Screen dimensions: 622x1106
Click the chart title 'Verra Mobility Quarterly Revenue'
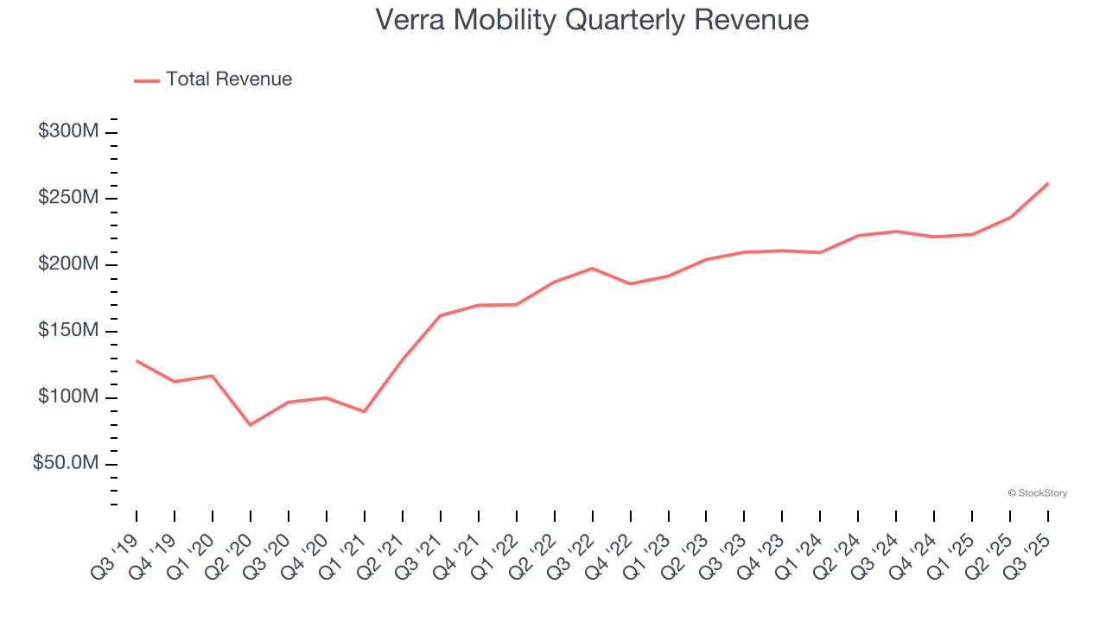[592, 20]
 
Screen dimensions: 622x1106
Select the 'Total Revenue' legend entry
[228, 79]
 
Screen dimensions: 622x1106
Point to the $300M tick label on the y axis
[68, 132]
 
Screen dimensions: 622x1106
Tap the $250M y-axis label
[68, 199]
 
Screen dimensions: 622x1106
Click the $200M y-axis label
[68, 264]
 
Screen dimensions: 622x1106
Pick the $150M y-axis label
[68, 331]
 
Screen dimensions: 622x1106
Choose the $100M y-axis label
[68, 397]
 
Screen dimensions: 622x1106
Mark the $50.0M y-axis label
[66, 464]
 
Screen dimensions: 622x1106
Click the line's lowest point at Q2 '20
[251, 425]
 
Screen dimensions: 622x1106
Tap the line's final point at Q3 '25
[1048, 183]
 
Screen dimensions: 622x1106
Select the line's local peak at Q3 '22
[592, 268]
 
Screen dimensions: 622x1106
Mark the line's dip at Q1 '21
[364, 411]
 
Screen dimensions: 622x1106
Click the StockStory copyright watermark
[1037, 493]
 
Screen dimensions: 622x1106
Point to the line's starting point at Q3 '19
[137, 360]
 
